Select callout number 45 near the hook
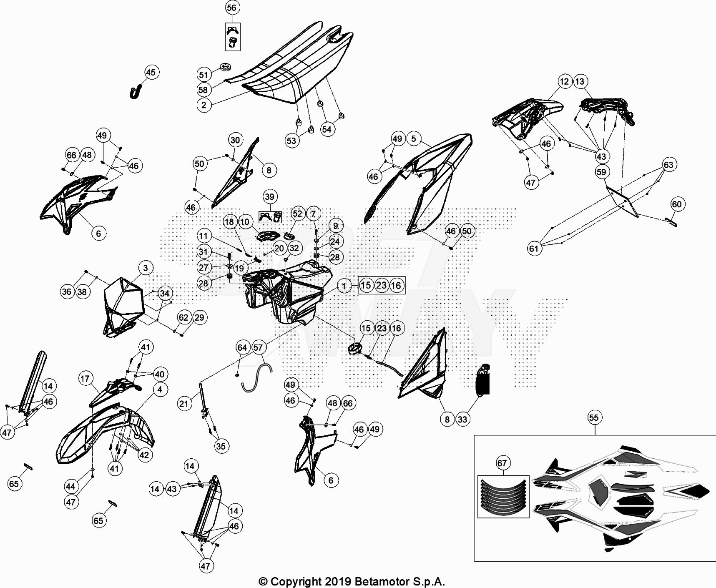pos(151,73)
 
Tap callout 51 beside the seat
pos(203,75)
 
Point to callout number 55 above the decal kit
pos(594,417)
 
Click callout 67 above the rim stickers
pos(502,463)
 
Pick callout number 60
pos(676,204)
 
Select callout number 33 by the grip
pos(462,419)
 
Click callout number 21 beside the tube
pos(184,403)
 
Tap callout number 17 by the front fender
pos(85,379)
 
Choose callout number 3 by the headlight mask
pos(145,268)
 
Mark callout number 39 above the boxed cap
pos(270,197)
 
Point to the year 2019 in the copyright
pos(339,581)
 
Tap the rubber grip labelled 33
pos(483,379)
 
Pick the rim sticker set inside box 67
pos(503,496)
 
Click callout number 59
pos(601,172)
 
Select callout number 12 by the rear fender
pos(564,81)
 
